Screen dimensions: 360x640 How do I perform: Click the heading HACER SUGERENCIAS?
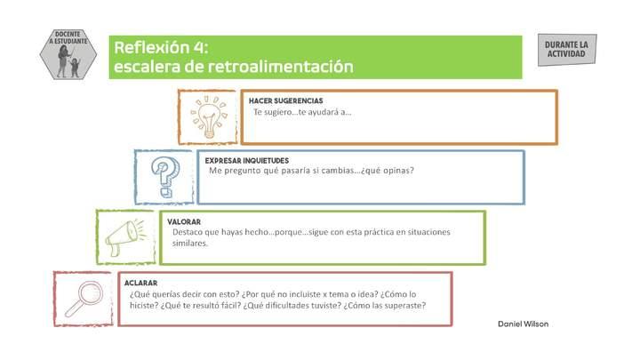coord(286,100)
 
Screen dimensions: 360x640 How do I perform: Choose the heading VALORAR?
coord(183,221)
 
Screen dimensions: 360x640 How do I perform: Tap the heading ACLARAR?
coord(140,283)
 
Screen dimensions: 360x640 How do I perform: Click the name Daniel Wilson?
coord(524,324)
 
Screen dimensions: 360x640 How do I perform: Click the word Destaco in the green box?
coord(189,232)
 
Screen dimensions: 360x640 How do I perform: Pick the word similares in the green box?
coord(190,243)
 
